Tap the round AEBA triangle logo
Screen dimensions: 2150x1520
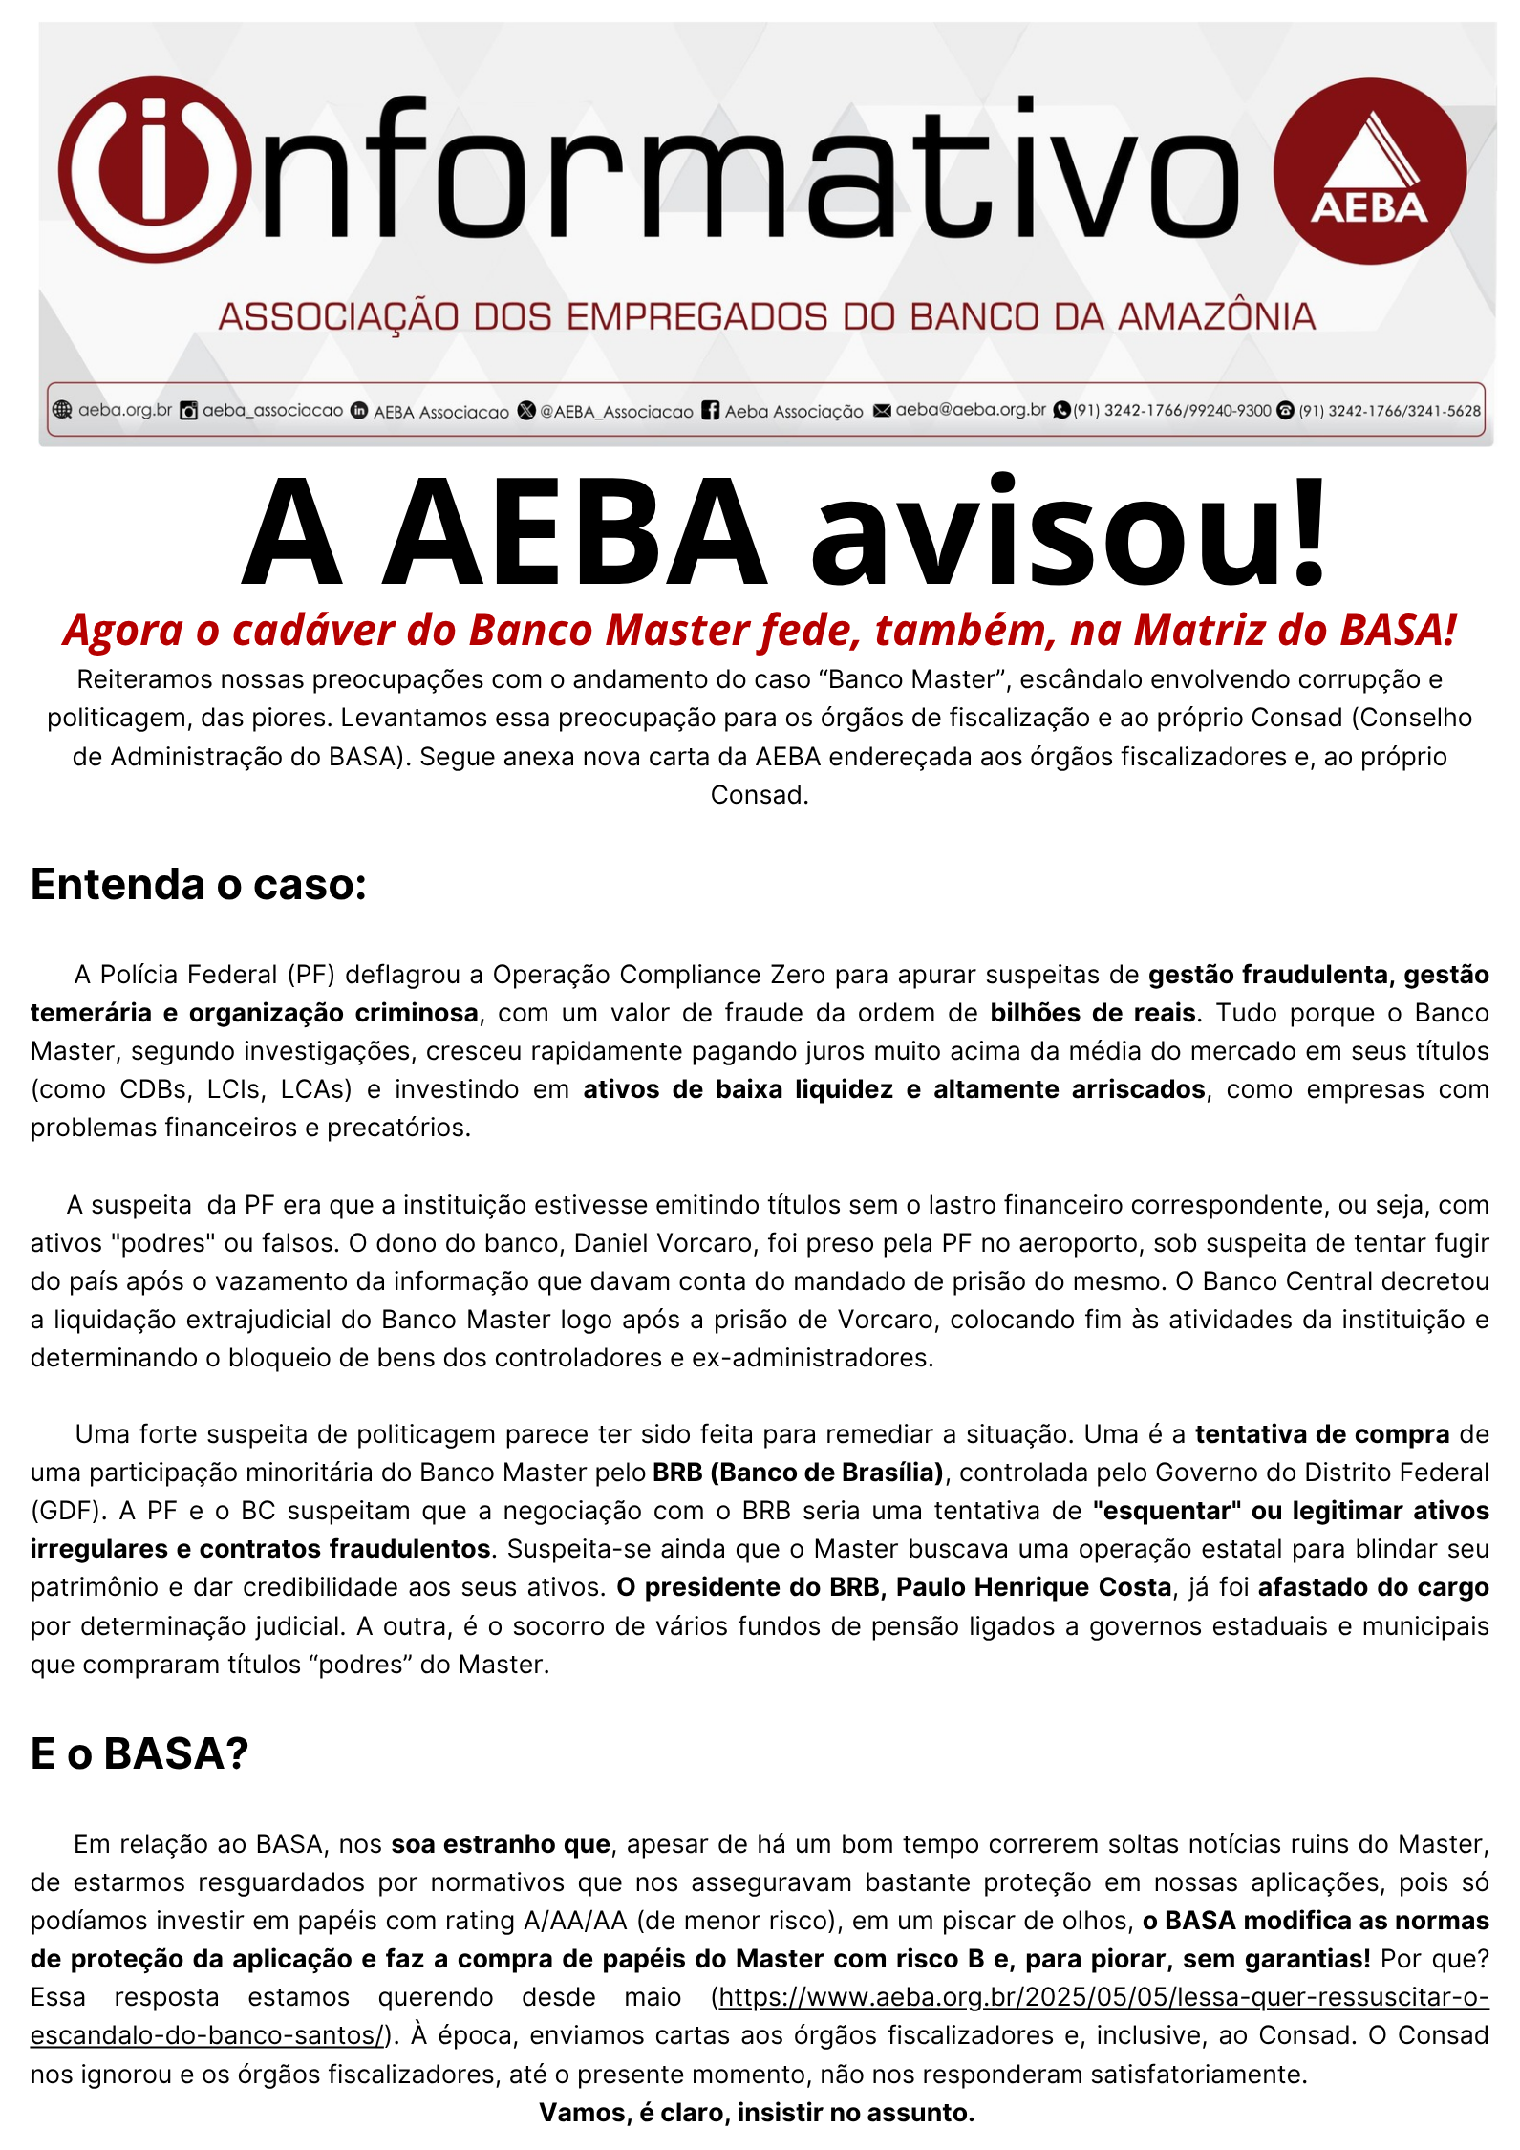[x=1369, y=172]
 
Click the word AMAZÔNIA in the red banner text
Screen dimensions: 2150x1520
[x=1216, y=316]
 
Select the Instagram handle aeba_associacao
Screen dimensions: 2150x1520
[x=272, y=411]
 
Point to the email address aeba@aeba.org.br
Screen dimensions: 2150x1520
[x=971, y=410]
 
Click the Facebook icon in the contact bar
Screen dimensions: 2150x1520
[x=711, y=411]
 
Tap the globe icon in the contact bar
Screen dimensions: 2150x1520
[x=62, y=410]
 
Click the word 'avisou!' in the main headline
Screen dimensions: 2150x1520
[x=1068, y=531]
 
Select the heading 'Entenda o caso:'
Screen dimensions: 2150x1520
[x=199, y=884]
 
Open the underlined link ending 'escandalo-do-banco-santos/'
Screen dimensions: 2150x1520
[x=206, y=2036]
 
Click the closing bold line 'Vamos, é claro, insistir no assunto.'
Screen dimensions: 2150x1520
[x=757, y=2113]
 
